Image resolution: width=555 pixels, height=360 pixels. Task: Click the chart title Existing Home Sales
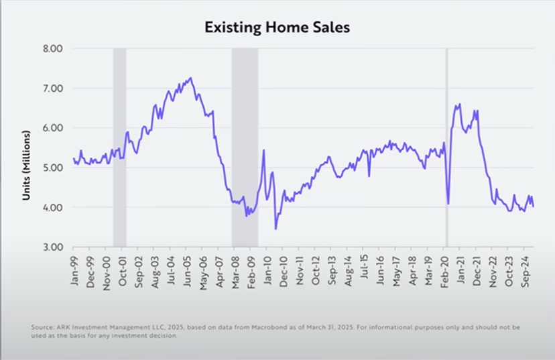pos(277,27)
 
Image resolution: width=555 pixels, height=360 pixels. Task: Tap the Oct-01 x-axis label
pos(123,269)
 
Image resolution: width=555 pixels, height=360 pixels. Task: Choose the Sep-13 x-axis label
pos(333,269)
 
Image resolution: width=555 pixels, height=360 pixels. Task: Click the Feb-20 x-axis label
pos(446,269)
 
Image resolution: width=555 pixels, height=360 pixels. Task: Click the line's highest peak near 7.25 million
pos(191,78)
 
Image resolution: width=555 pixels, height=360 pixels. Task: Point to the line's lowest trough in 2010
pos(275,229)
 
